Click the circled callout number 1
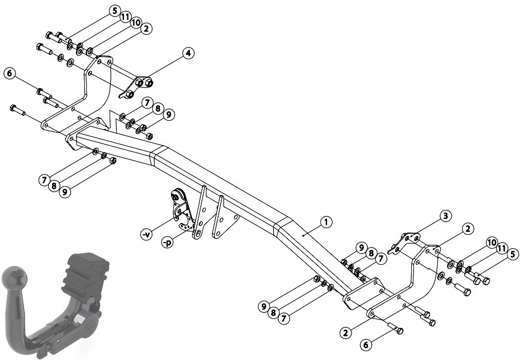(326, 222)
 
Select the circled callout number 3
(446, 216)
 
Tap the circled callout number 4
(188, 53)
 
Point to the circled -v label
(147, 234)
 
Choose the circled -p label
(168, 242)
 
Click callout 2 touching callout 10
(146, 29)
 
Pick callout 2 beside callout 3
(468, 229)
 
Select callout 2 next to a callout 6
(345, 332)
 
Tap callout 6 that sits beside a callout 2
(366, 344)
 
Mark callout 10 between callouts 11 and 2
(136, 23)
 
